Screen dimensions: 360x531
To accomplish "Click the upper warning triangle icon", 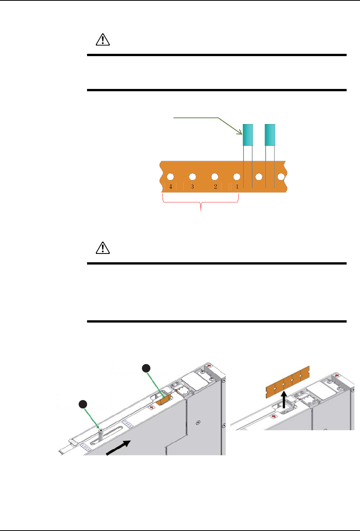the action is pyautogui.click(x=102, y=40).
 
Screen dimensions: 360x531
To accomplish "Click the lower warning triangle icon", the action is pyautogui.click(x=102, y=249).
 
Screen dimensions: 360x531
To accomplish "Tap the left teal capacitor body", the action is pyautogui.click(x=248, y=135).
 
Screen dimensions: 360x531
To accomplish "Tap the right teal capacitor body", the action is pyautogui.click(x=270, y=135).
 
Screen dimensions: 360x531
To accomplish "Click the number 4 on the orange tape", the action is pyautogui.click(x=171, y=187).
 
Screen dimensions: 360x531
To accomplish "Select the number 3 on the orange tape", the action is pyautogui.click(x=192, y=187).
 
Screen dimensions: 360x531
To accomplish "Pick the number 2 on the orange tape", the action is pyautogui.click(x=215, y=187).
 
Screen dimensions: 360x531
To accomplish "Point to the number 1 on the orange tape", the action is pyautogui.click(x=237, y=187).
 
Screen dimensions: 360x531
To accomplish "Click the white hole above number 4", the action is pyautogui.click(x=170, y=177).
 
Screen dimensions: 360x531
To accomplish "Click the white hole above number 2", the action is pyautogui.click(x=215, y=177).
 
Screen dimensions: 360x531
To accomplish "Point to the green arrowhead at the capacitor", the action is pyautogui.click(x=241, y=133).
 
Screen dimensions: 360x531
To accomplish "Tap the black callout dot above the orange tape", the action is pyautogui.click(x=146, y=368).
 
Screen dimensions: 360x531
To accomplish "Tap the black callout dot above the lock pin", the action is pyautogui.click(x=83, y=404).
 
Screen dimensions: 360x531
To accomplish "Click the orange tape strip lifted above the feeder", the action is pyautogui.click(x=287, y=380).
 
